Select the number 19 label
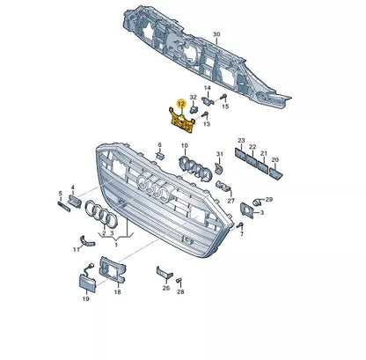point(85,299)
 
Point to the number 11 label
point(77,249)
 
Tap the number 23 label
point(241,141)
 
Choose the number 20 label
point(274,160)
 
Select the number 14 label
point(208,89)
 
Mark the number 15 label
point(224,107)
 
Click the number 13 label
point(206,126)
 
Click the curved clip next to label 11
point(85,239)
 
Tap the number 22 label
point(253,147)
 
